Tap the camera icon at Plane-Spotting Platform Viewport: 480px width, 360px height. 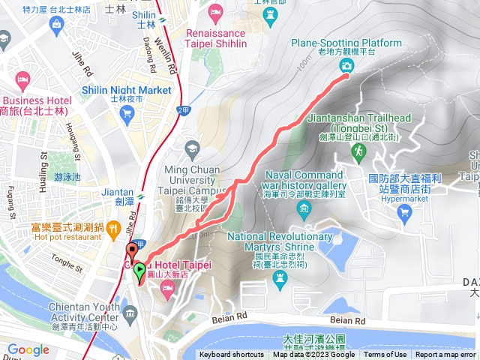347,67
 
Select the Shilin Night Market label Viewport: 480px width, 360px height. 127,90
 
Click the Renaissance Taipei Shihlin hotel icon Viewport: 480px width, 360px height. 216,11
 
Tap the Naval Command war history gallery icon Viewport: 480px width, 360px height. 304,208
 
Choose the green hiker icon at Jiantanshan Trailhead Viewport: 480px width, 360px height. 358,151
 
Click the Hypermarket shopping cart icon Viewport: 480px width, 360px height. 405,212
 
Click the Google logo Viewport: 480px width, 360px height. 28,350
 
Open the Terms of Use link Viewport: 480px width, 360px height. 385,355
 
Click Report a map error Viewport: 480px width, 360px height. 445,355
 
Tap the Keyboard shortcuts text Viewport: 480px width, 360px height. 231,355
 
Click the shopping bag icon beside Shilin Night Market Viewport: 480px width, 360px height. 127,114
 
